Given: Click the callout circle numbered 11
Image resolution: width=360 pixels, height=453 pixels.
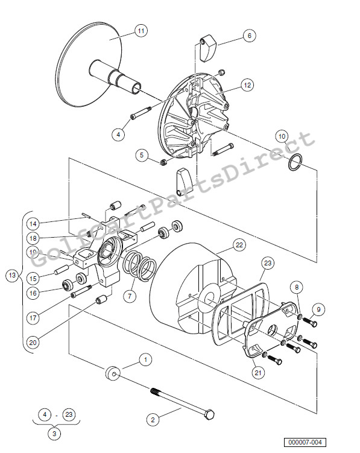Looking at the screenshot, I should pos(140,30).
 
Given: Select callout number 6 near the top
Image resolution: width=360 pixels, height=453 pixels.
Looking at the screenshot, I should pos(248,36).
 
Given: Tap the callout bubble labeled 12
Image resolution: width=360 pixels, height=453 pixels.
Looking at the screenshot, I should pos(247,86).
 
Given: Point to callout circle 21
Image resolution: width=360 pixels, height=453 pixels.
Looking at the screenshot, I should pos(258,373).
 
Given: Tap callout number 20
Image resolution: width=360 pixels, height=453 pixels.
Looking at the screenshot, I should pos(33,342).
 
